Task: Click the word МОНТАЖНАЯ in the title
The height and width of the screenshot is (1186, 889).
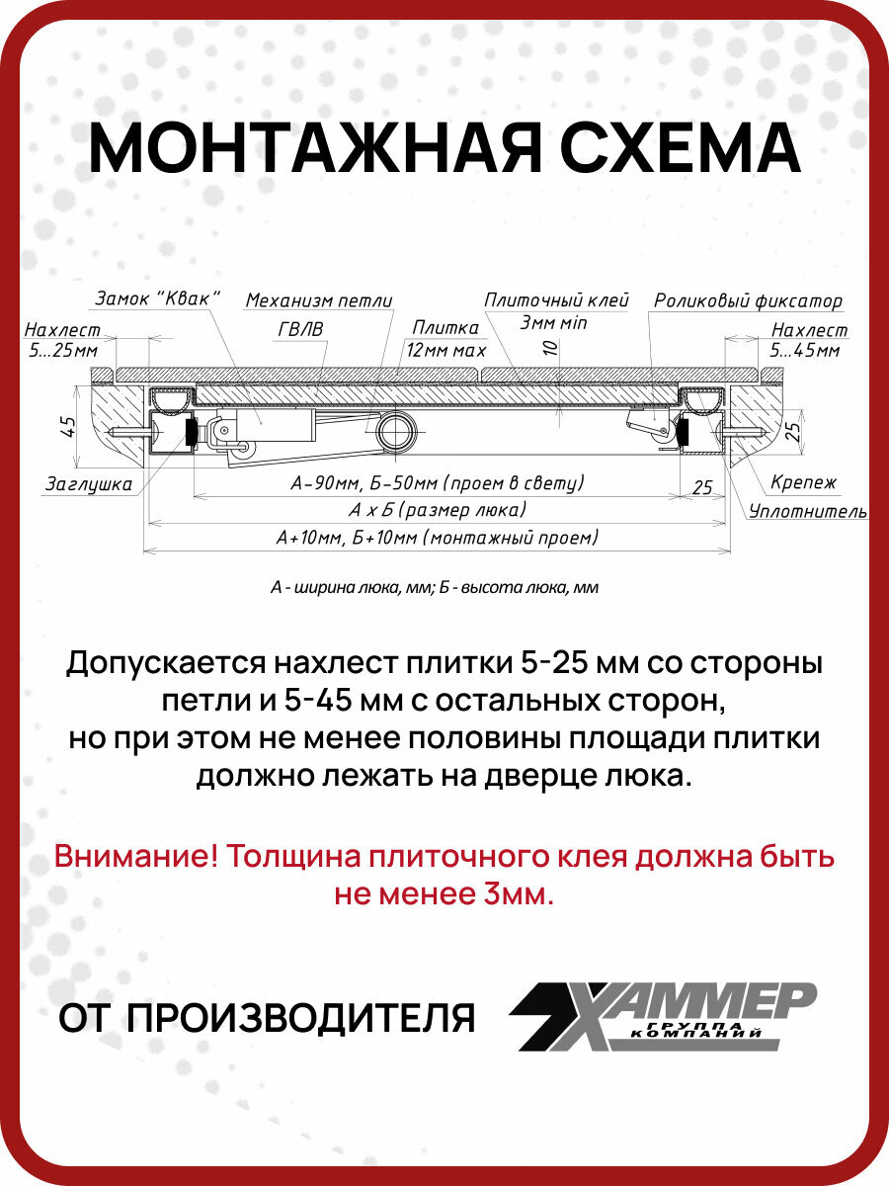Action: pyautogui.click(x=314, y=150)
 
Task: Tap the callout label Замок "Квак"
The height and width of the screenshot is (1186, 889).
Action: pyautogui.click(x=157, y=297)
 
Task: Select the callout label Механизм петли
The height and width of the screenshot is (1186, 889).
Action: pyautogui.click(x=319, y=299)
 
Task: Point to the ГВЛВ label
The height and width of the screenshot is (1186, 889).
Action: pyautogui.click(x=298, y=327)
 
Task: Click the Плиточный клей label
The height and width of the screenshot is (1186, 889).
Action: pyautogui.click(x=557, y=299)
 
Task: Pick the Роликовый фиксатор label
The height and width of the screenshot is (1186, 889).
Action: pyautogui.click(x=748, y=300)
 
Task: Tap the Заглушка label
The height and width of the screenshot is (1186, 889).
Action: pyautogui.click(x=88, y=484)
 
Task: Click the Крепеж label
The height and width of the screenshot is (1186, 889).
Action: pyautogui.click(x=804, y=483)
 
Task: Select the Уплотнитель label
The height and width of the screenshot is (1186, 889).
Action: pyautogui.click(x=808, y=511)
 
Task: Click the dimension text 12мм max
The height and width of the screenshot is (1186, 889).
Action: pyautogui.click(x=445, y=349)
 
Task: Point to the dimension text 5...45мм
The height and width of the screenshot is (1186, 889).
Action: pyautogui.click(x=805, y=350)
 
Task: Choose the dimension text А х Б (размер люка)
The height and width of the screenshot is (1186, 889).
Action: pyautogui.click(x=437, y=510)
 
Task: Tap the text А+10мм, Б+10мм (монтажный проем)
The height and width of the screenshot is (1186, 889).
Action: pyautogui.click(x=438, y=538)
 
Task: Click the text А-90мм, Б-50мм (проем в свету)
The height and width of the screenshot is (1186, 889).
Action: pyautogui.click(x=438, y=483)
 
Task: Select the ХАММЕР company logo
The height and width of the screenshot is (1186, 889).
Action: pyautogui.click(x=662, y=1015)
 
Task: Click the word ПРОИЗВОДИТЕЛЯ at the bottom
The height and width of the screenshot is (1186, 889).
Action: pyautogui.click(x=302, y=1017)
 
